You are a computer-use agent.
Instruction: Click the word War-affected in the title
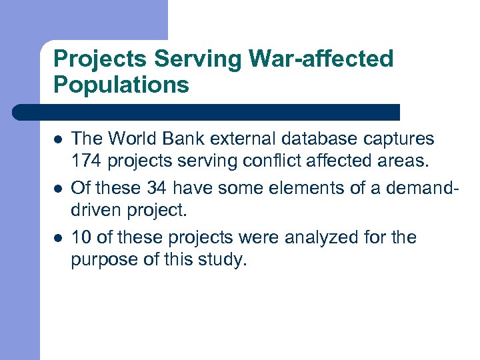pyautogui.click(x=322, y=59)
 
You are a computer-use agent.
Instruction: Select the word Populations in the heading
pyautogui.click(x=121, y=85)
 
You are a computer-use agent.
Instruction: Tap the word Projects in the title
pyautogui.click(x=101, y=59)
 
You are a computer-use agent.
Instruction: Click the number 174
pyautogui.click(x=85, y=161)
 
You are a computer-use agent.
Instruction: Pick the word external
pyautogui.click(x=244, y=139)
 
